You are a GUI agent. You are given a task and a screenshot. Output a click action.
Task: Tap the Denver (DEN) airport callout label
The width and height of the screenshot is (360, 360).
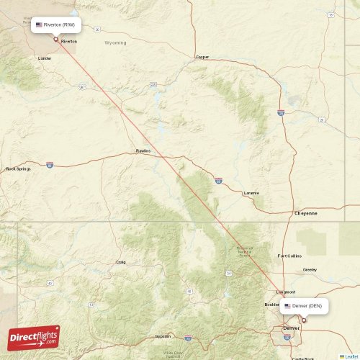click(x=305, y=306)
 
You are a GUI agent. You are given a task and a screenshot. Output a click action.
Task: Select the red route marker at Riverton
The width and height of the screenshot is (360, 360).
click(x=56, y=39)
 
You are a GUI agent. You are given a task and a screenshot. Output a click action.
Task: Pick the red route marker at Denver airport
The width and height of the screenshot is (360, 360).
click(x=303, y=320)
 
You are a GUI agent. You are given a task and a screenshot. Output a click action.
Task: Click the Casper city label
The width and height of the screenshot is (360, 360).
click(x=202, y=56)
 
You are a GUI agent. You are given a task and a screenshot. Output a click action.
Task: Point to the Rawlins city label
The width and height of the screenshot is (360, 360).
click(x=143, y=150)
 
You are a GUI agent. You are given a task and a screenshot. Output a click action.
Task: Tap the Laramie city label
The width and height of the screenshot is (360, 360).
click(x=251, y=193)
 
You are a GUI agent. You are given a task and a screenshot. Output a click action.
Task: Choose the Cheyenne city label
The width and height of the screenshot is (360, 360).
click(x=306, y=213)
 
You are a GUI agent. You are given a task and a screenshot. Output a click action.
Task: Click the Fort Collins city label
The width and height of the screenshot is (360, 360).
click(x=290, y=256)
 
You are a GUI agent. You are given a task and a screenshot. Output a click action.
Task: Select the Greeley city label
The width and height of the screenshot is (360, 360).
click(x=310, y=269)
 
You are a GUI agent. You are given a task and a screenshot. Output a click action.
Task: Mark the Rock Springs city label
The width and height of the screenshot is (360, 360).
click(x=18, y=169)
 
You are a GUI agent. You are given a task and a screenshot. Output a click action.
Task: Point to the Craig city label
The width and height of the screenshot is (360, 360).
click(x=120, y=262)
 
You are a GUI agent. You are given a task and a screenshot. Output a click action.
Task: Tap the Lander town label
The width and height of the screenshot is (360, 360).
click(x=45, y=58)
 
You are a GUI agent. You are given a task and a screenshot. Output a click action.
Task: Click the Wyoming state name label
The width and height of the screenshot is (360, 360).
click(x=115, y=42)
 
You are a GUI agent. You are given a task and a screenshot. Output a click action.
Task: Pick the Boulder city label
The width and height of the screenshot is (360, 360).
click(x=271, y=305)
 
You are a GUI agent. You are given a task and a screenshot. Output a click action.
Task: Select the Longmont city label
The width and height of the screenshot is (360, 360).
click(x=285, y=292)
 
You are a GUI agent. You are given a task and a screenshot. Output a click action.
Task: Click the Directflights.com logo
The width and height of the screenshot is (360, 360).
click(x=34, y=336)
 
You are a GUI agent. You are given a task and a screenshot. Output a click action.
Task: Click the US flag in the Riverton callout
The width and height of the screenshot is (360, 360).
click(x=39, y=25)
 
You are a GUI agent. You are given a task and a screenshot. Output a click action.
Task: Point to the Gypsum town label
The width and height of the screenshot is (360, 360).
click(x=163, y=336)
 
